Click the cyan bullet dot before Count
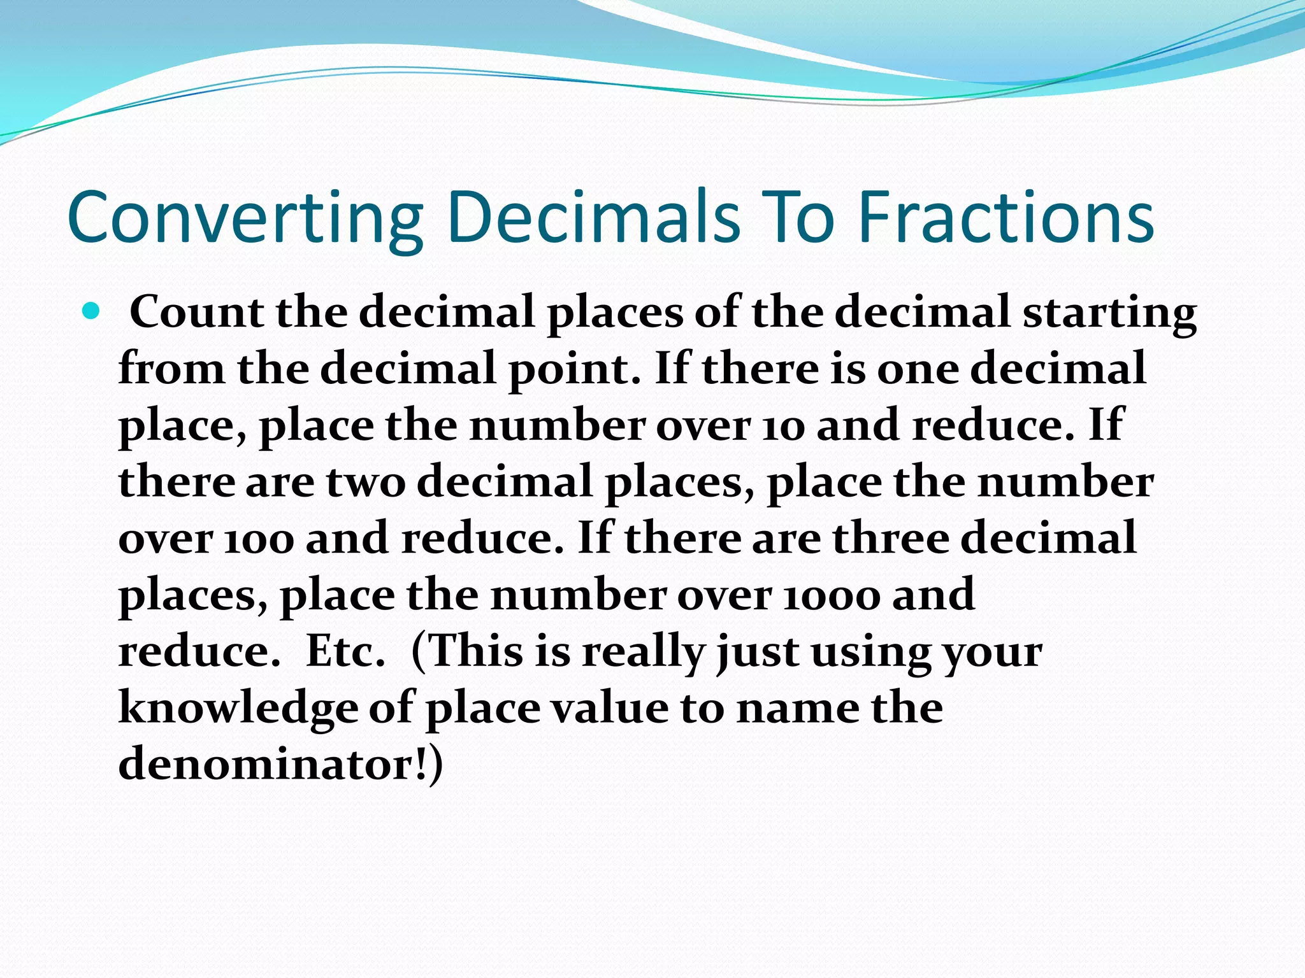tap(92, 311)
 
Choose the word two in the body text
tap(366, 481)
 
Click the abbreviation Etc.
tap(345, 651)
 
